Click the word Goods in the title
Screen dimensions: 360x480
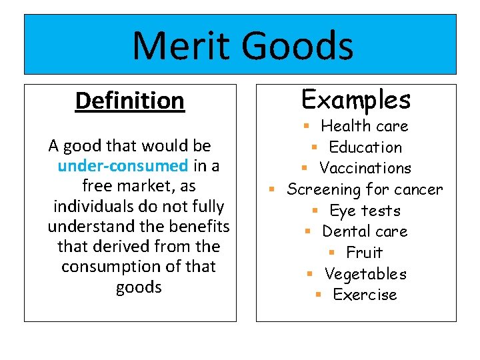[297, 47]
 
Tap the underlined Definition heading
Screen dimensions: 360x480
[129, 101]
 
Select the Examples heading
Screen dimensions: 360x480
[356, 99]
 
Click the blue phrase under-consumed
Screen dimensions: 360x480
[123, 165]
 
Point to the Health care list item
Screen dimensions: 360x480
[364, 126]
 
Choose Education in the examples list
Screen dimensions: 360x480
[365, 147]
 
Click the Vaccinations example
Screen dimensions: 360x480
[365, 168]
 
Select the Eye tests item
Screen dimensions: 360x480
[365, 211]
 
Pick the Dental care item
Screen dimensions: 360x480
[365, 231]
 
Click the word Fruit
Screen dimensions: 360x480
[365, 253]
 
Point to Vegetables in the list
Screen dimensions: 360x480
[365, 274]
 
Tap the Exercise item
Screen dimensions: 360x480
[365, 295]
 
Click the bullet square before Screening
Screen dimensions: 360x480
[272, 190]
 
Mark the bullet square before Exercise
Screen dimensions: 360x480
[319, 295]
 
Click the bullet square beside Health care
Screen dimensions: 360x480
[306, 126]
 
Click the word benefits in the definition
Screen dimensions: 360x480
[200, 227]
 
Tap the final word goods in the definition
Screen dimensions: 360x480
[139, 287]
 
